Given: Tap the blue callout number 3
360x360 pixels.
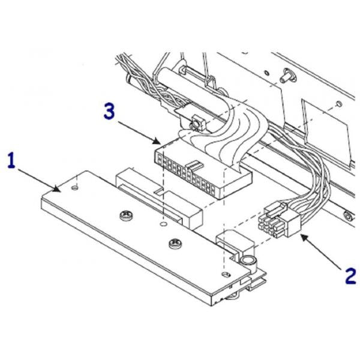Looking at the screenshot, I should [x=109, y=110].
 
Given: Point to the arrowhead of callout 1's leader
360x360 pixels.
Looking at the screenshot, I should [x=59, y=190].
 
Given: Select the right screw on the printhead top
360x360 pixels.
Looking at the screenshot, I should [x=175, y=243].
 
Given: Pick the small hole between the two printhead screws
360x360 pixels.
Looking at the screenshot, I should [x=164, y=223].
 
